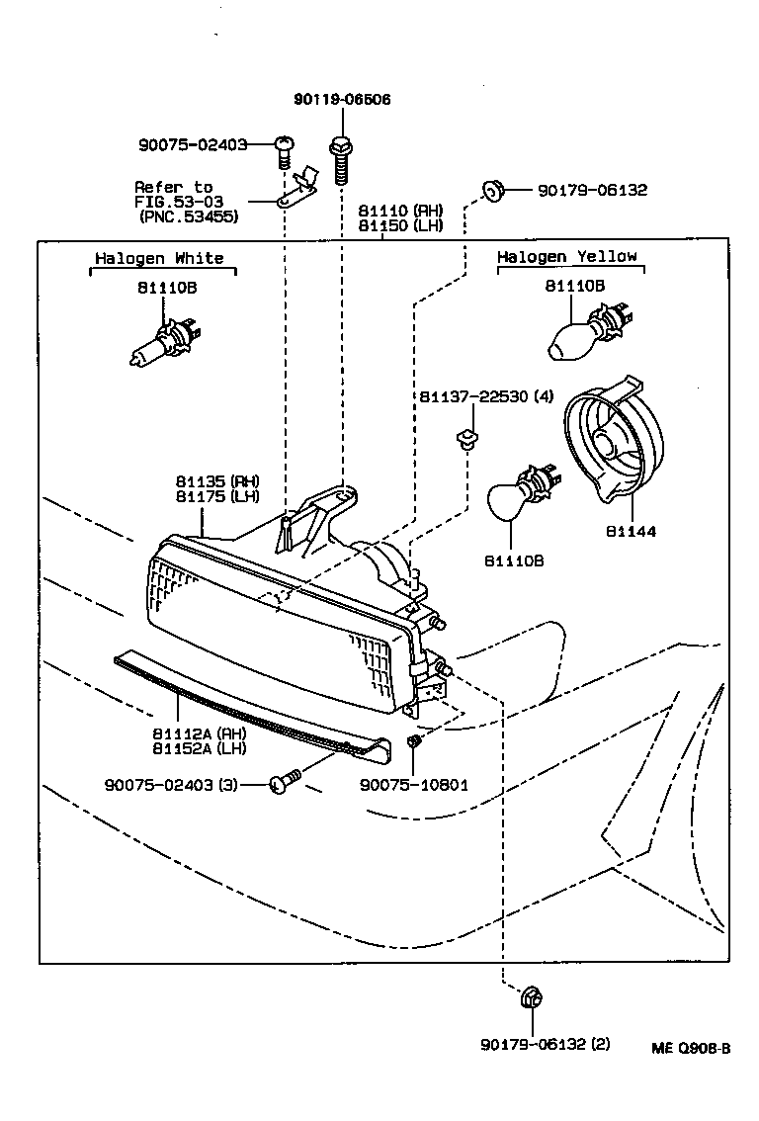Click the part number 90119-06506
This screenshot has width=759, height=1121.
pyautogui.click(x=342, y=99)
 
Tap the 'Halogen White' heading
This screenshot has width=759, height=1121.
pyautogui.click(x=159, y=258)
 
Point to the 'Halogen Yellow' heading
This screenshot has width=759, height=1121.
pyautogui.click(x=567, y=256)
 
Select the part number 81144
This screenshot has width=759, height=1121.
pyautogui.click(x=632, y=531)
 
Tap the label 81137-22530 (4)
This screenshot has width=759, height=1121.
pyautogui.click(x=485, y=397)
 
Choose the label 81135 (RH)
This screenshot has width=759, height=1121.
pyautogui.click(x=217, y=481)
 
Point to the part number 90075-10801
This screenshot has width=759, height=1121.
pyautogui.click(x=414, y=785)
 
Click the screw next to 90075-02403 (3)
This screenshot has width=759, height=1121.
pyautogui.click(x=284, y=784)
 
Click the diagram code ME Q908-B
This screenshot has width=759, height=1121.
pyautogui.click(x=691, y=1049)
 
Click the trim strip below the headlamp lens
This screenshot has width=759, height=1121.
pyautogui.click(x=247, y=704)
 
